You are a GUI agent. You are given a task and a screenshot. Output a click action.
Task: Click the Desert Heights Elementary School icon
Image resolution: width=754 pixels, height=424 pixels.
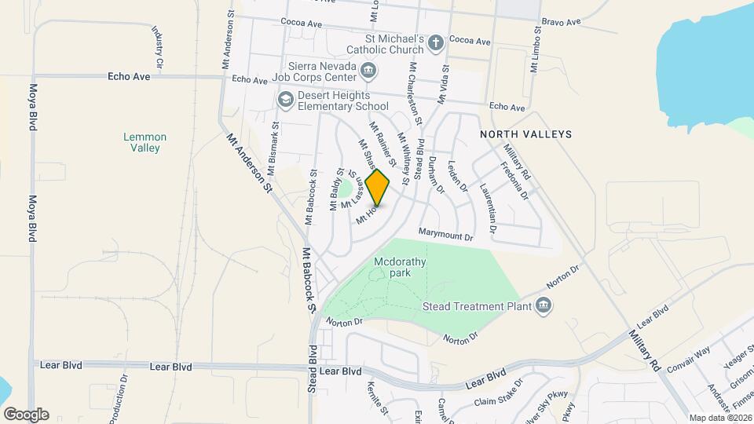285,99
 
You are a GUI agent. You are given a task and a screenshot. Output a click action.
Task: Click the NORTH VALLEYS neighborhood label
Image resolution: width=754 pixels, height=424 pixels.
526,134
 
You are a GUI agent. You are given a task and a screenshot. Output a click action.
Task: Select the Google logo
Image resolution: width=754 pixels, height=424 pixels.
26,414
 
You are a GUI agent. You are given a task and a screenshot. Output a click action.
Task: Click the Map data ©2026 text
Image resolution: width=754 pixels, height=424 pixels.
719,418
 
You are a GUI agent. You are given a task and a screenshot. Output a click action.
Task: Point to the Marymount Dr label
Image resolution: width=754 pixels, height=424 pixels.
447,235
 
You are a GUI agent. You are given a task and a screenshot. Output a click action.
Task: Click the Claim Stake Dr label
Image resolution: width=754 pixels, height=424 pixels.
498,394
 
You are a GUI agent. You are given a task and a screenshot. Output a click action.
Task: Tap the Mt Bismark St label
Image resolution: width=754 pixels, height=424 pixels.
273,148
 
